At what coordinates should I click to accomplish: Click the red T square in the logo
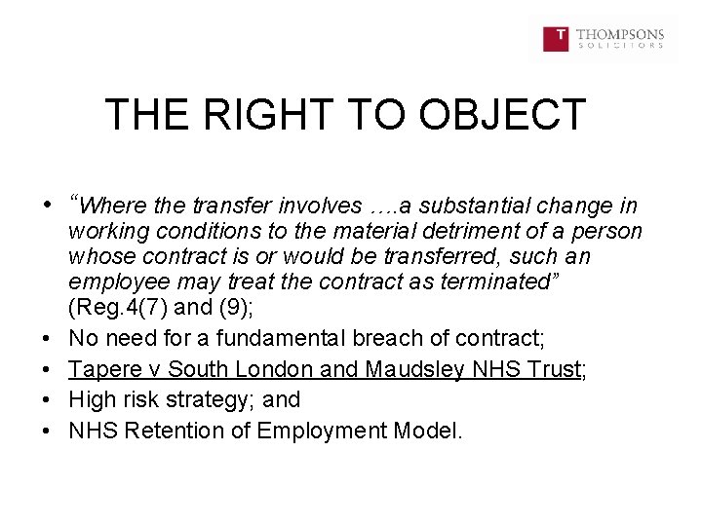[x=556, y=39]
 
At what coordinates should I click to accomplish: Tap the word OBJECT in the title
[x=502, y=115]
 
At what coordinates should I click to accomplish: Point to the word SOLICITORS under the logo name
[x=620, y=46]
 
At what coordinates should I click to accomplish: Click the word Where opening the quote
[x=110, y=206]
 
